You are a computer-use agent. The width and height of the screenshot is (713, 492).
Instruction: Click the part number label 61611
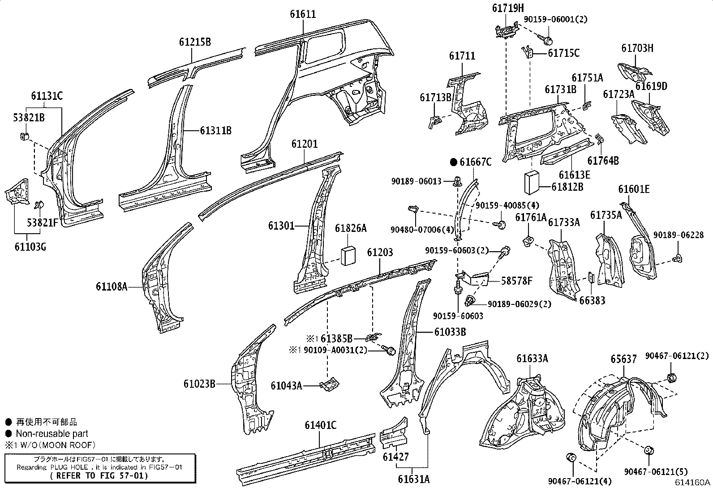coord(303,14)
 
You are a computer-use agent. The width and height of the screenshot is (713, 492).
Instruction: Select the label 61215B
coord(195,42)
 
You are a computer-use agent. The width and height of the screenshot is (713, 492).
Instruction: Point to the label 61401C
coord(320,425)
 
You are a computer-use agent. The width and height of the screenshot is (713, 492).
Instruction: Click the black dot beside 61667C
coord(453,162)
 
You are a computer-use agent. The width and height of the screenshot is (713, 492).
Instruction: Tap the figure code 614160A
coord(693,482)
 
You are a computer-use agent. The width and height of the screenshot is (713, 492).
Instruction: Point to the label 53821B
coord(29,118)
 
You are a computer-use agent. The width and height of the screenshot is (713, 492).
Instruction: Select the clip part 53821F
coord(39,205)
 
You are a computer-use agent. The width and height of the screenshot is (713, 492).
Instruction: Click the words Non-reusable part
coord(52,433)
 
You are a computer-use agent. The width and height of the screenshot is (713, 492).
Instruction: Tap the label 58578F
coord(517,281)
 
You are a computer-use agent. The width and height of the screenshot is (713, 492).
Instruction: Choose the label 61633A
coord(532,358)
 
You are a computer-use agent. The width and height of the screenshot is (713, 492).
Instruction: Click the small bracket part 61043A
coord(331,384)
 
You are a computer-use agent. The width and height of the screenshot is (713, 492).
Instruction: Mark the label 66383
coord(592,300)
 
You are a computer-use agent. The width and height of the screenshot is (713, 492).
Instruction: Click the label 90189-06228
coord(678,235)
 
